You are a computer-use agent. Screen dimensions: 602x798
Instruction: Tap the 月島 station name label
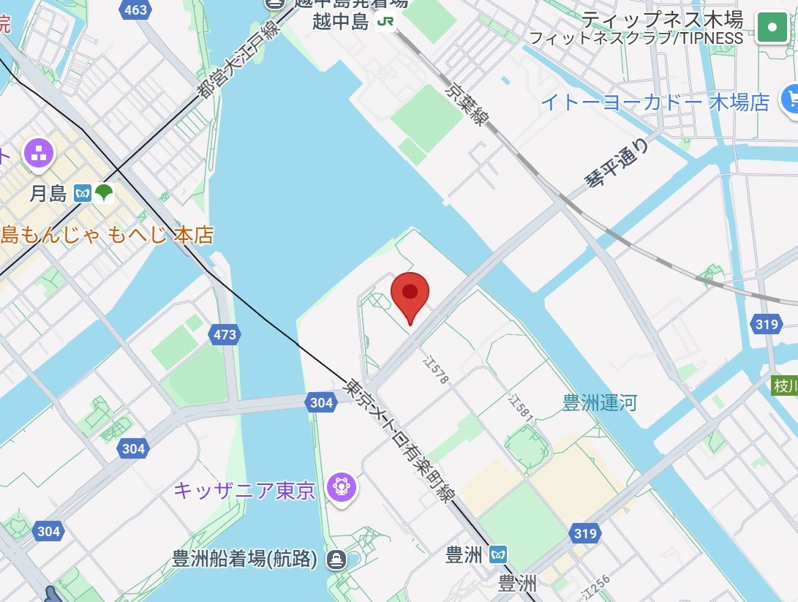(48, 194)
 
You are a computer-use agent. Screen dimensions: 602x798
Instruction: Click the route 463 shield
(136, 10)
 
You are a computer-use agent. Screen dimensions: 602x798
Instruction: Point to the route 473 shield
(225, 335)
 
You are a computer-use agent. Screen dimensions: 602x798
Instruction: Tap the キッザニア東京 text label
(244, 489)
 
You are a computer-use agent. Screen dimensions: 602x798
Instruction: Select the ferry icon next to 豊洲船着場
(337, 560)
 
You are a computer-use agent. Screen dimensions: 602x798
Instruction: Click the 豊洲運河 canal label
(600, 402)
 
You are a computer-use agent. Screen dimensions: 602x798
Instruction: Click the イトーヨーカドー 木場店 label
(655, 102)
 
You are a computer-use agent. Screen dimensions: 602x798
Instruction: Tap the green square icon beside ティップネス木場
(772, 29)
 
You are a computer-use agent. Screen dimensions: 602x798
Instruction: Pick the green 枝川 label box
(785, 385)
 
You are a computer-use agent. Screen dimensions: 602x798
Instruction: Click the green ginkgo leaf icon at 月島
(104, 193)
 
